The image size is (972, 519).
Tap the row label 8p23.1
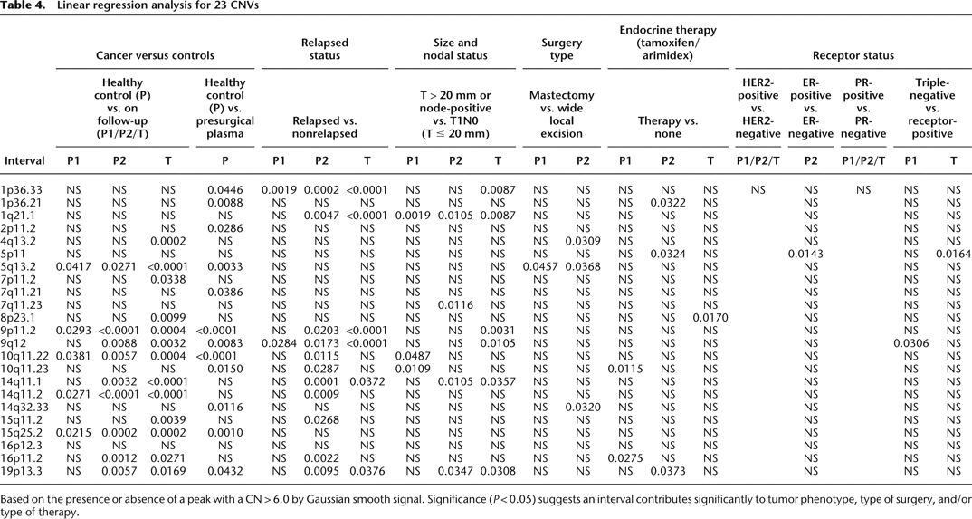point(23,306)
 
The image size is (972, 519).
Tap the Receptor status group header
point(852,55)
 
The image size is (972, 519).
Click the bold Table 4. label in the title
point(24,8)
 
